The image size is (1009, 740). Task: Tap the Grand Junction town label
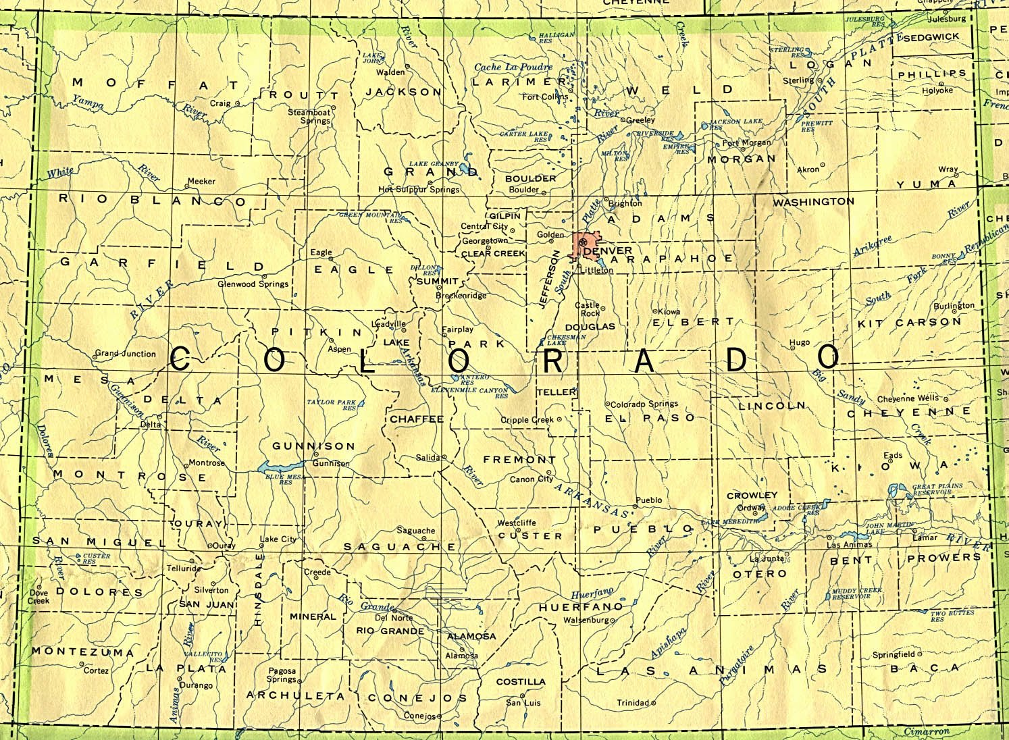coord(125,353)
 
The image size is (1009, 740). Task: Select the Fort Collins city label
coord(546,97)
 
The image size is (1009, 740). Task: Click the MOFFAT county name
coord(155,84)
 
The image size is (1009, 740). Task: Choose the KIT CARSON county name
coord(909,323)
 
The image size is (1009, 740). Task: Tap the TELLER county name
coord(557,392)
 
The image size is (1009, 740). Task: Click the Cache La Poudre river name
coord(513,67)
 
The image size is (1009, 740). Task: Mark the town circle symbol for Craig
coord(237,103)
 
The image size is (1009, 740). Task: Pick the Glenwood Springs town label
coord(253,284)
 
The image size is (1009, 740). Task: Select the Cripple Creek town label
coord(527,420)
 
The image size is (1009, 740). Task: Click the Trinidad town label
coord(633,703)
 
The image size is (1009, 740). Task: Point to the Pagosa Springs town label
coord(282,675)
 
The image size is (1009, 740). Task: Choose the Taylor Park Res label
coord(331,404)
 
